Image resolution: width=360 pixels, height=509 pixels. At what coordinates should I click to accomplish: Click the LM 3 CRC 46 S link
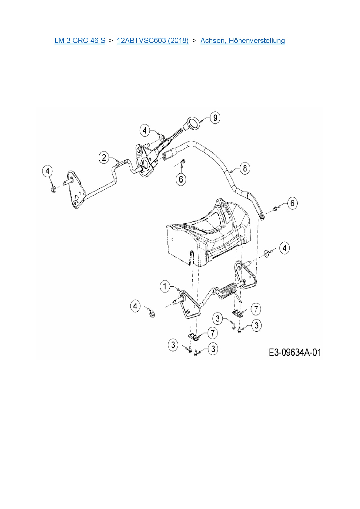click(80, 40)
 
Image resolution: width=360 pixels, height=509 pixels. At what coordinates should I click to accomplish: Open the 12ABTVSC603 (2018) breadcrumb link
click(152, 40)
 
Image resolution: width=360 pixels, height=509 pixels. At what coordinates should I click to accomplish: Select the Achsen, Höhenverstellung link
click(243, 40)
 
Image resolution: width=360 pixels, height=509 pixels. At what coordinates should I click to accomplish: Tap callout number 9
click(215, 118)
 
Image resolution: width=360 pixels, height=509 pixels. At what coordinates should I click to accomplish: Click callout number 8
click(245, 168)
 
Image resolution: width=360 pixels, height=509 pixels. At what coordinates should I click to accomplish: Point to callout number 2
click(104, 158)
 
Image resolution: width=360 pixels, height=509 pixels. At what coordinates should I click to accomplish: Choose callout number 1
click(165, 287)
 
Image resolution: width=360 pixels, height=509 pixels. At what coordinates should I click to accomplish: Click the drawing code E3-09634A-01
click(295, 352)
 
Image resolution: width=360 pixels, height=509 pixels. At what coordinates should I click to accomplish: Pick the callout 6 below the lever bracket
click(181, 179)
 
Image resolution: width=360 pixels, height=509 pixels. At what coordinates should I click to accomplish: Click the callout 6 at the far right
click(292, 203)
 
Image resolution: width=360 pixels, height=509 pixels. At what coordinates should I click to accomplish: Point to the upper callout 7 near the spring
click(256, 309)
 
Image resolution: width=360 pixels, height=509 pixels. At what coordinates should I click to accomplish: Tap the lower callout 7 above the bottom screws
click(213, 333)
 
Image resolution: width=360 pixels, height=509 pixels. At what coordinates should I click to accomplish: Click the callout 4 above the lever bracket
click(145, 130)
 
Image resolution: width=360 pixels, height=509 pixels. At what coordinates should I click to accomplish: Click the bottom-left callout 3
click(173, 345)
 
